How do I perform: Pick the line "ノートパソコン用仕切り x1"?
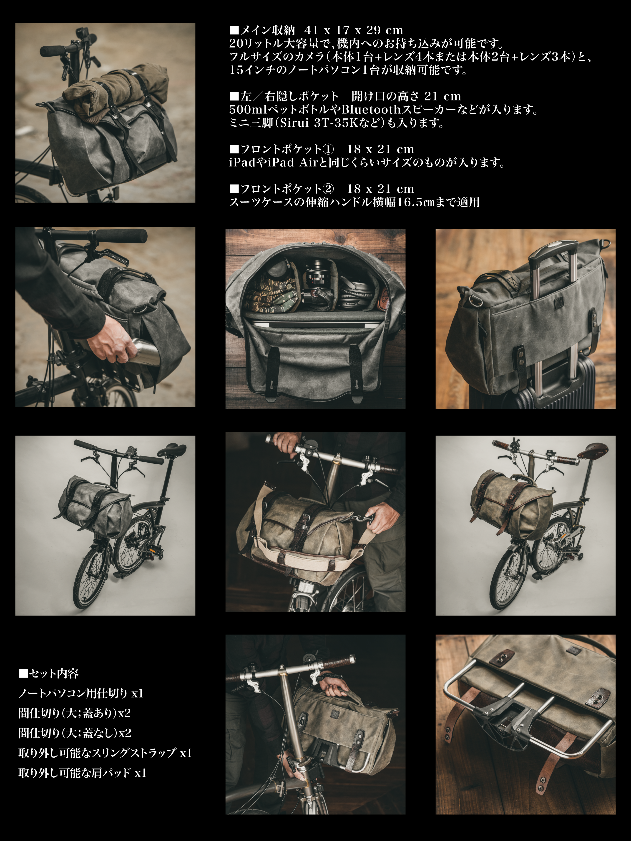click(x=81, y=693)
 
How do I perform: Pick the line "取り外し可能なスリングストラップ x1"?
click(x=105, y=753)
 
